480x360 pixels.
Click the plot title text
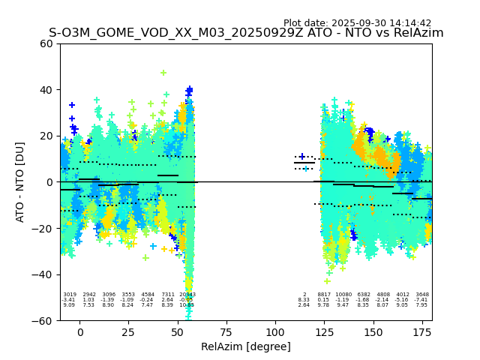tap(246, 33)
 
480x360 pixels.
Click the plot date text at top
tap(357, 23)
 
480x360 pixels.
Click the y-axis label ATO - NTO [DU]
tap(20, 181)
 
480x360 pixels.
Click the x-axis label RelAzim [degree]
tap(246, 346)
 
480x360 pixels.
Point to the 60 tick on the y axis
tap(46, 43)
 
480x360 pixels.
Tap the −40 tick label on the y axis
tap(42, 274)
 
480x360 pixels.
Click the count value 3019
tap(69, 295)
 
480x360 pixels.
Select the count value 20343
tap(187, 295)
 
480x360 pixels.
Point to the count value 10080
tap(343, 295)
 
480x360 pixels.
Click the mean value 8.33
tap(304, 300)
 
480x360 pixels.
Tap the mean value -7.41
tap(422, 300)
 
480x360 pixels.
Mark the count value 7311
tap(167, 295)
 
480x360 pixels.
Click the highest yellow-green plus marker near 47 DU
tap(163, 73)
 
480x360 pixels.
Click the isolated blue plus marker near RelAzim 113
tap(301, 157)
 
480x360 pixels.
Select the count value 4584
tap(148, 295)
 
